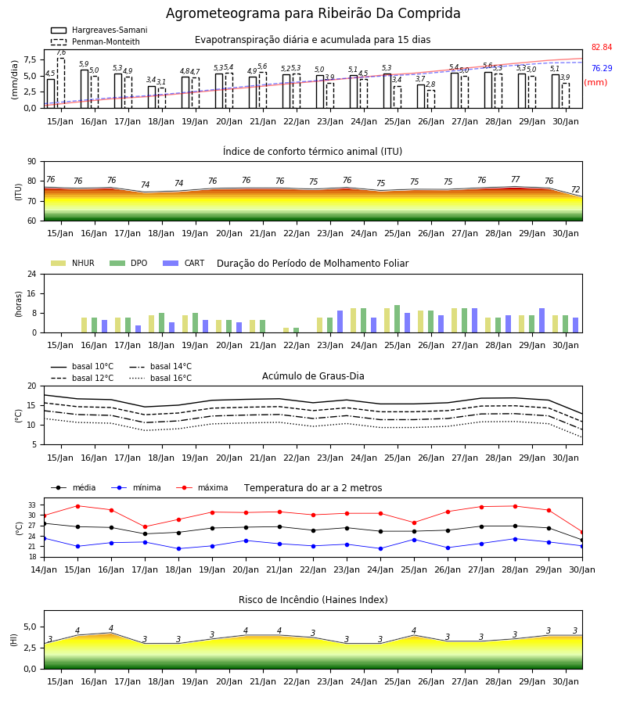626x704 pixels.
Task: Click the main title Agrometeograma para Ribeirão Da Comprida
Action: (313, 13)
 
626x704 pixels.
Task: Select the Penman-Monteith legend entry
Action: (95, 41)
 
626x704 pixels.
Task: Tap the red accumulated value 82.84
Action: (602, 47)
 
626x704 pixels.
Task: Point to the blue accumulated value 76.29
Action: (602, 68)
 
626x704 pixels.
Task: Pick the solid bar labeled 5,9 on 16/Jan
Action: (85, 89)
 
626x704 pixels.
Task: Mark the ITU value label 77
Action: (515, 180)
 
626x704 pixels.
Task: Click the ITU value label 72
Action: (575, 190)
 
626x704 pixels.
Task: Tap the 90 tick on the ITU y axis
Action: (32, 162)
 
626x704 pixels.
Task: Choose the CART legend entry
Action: (184, 263)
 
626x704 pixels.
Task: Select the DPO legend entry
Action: (128, 263)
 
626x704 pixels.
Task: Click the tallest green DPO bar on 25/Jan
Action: (397, 319)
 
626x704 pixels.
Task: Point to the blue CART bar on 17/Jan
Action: (139, 329)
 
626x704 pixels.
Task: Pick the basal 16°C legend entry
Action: (160, 378)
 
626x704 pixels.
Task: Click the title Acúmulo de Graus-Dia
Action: (313, 376)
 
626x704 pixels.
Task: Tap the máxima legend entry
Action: (202, 487)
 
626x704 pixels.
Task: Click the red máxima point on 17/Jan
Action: (145, 526)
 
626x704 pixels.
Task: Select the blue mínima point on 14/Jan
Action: (44, 538)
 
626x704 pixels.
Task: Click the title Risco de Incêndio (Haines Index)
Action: (313, 600)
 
